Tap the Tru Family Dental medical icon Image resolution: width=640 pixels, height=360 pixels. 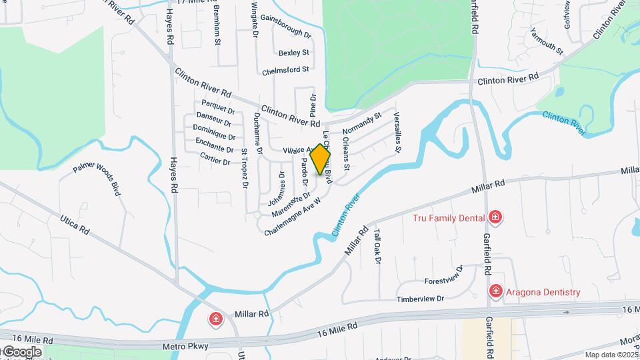point(495,217)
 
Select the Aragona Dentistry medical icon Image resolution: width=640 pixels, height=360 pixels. point(495,291)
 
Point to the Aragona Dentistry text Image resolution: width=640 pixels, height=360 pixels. point(543,292)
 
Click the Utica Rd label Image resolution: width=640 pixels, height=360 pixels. point(75,224)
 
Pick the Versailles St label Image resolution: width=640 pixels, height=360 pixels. point(397,131)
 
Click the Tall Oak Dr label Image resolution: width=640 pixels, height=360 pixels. point(377,247)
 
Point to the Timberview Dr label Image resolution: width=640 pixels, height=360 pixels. point(421,299)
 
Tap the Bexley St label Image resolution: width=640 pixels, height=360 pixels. point(294,52)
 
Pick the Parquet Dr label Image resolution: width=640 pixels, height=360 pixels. point(218,107)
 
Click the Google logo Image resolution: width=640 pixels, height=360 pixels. point(21,351)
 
